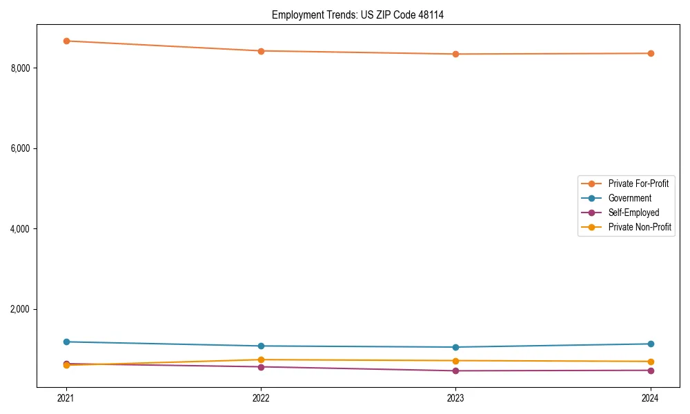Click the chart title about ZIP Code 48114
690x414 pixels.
(x=357, y=14)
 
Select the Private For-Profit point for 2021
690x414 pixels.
(x=66, y=41)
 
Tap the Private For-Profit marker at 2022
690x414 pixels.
(x=261, y=51)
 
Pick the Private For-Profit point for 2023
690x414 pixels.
(x=455, y=54)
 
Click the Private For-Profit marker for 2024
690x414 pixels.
(x=651, y=53)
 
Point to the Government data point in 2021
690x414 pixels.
(x=66, y=342)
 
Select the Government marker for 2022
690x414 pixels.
(x=261, y=346)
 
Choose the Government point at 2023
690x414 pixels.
(x=455, y=347)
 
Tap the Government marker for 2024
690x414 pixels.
(x=651, y=344)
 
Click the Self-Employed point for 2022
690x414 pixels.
(x=261, y=366)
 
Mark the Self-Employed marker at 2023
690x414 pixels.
(x=455, y=371)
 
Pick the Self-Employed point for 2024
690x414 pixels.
(x=651, y=371)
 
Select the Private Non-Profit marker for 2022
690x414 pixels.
(x=261, y=359)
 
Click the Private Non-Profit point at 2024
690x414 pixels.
(x=651, y=362)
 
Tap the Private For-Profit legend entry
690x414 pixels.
(x=638, y=184)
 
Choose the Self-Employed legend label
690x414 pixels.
(x=633, y=213)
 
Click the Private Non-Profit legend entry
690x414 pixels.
(x=640, y=227)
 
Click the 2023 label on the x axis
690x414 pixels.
(x=455, y=397)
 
